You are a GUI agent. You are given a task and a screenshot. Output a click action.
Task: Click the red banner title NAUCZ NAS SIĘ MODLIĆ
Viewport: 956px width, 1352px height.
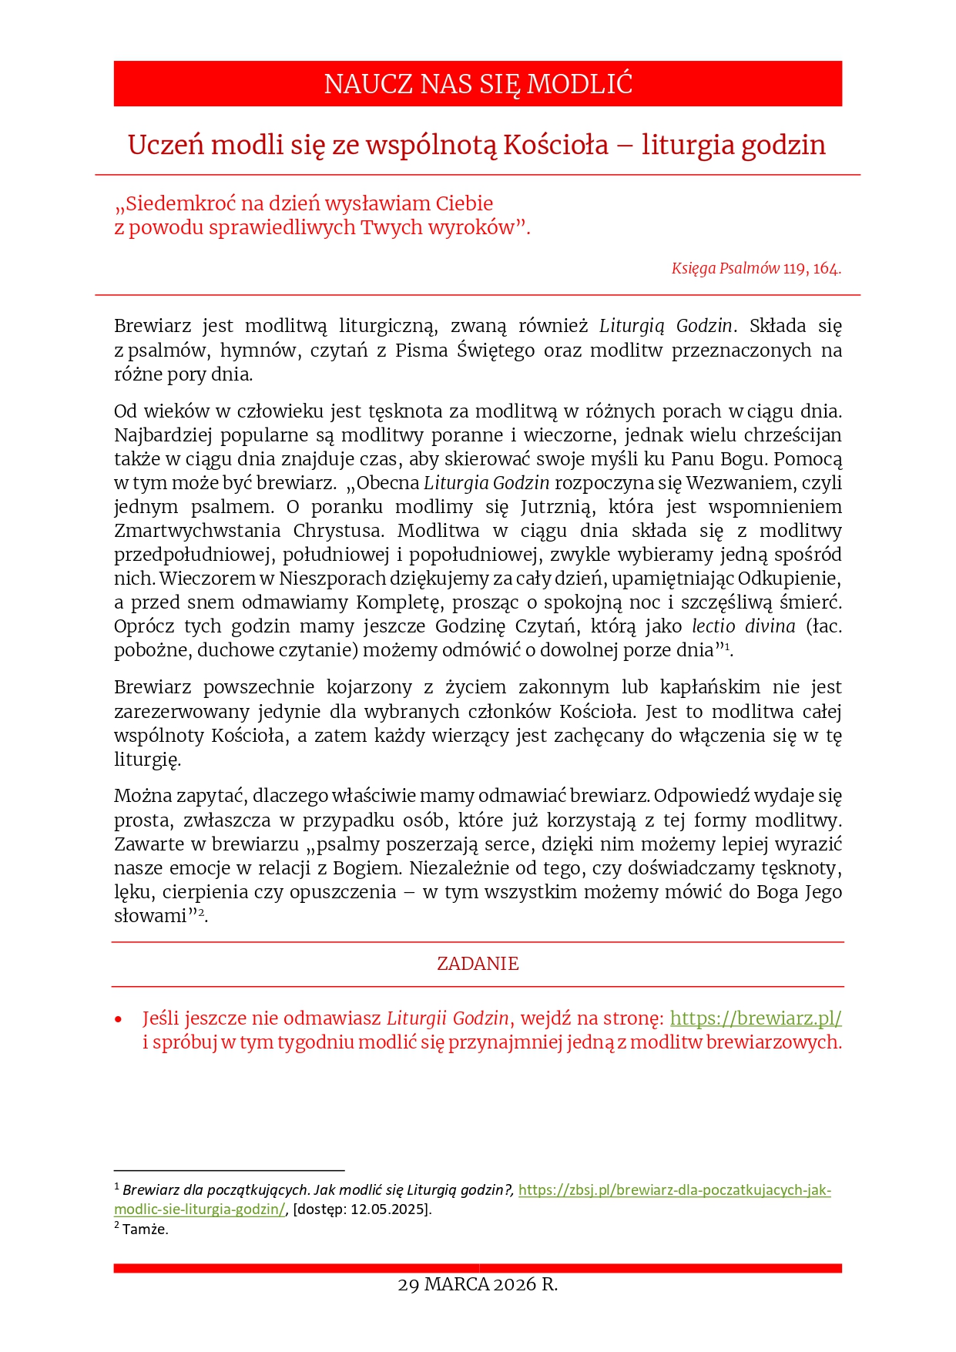click(478, 84)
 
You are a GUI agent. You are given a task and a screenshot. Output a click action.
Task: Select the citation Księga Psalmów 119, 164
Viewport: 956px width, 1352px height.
click(756, 268)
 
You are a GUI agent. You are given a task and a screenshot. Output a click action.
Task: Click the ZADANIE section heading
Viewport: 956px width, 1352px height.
click(478, 964)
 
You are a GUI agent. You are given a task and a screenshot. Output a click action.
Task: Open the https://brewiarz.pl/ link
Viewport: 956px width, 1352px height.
click(756, 1018)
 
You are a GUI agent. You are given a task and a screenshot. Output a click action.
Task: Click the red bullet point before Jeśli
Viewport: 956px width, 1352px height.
click(119, 1019)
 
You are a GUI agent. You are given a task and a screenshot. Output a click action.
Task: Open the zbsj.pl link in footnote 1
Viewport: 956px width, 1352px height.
click(674, 1190)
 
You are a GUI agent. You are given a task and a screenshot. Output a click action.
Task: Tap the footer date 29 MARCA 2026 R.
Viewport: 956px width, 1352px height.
click(478, 1284)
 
